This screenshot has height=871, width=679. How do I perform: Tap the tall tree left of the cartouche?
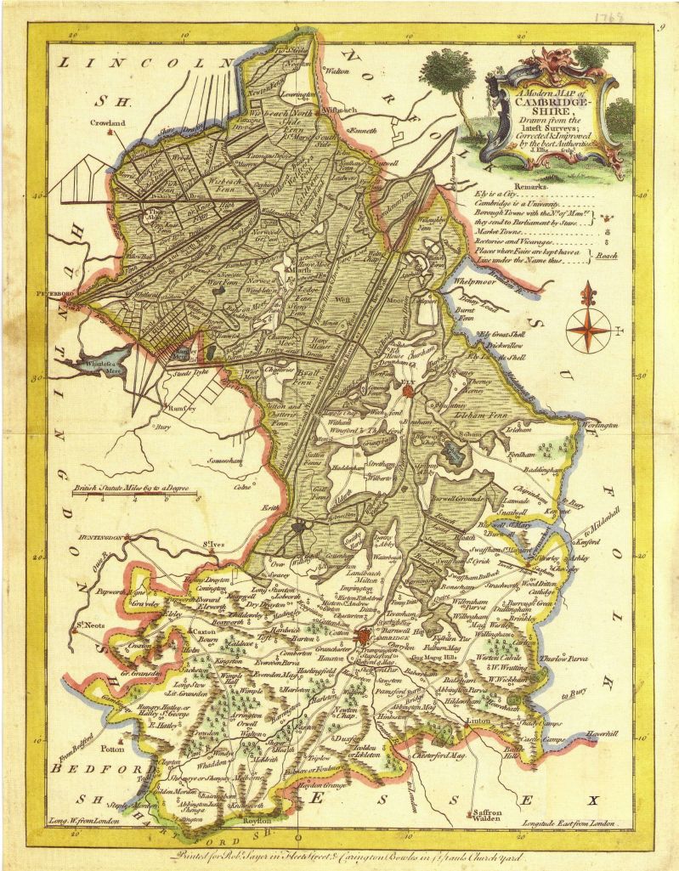(x=444, y=81)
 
